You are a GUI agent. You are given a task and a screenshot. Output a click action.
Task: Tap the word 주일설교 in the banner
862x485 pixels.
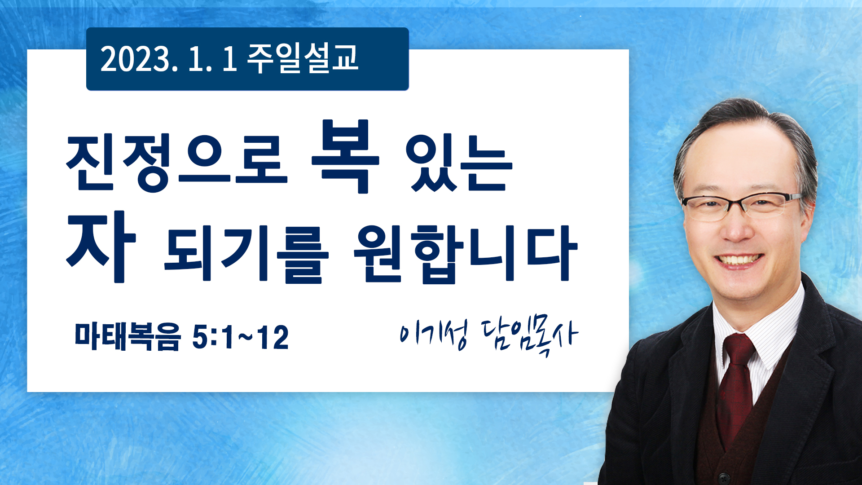(303, 58)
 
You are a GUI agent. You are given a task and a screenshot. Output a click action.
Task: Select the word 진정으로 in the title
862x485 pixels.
(177, 162)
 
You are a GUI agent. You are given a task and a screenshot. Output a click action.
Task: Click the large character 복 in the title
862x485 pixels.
(345, 156)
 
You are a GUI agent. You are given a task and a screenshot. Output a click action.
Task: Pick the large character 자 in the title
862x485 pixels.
(101, 247)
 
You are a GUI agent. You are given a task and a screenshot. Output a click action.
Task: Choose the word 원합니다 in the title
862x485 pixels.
(466, 254)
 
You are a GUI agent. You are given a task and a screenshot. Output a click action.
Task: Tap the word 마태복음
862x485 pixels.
(128, 336)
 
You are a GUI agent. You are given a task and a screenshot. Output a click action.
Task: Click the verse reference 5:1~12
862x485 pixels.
(240, 337)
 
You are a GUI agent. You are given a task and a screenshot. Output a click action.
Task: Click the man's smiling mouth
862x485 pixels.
(739, 260)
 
